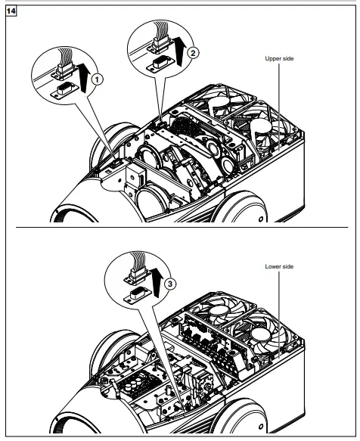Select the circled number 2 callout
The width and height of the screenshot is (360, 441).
[193, 53]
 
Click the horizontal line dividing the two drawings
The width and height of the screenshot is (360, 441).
[179, 226]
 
